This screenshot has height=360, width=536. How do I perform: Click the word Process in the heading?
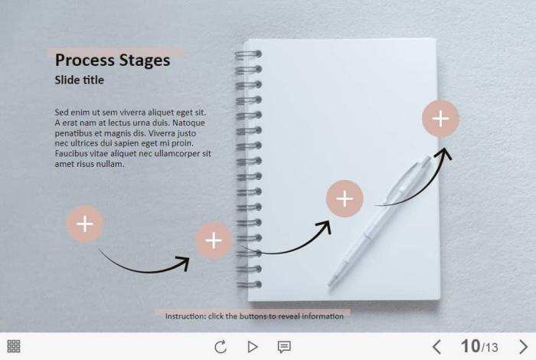pos(85,61)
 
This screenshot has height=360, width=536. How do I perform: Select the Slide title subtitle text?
pos(80,80)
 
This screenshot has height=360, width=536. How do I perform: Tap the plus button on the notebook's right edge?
pos(440,119)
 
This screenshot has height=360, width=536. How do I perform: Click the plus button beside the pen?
pos(345,198)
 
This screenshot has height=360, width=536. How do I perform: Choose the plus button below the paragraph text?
pos(85,224)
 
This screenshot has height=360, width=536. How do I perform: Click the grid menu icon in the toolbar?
pos(14,346)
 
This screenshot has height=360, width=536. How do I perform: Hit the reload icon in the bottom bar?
pos(221,347)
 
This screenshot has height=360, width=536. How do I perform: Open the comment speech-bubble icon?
pos(284,347)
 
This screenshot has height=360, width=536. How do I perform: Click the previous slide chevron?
pos(436,347)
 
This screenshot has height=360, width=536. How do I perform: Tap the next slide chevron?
pos(523,347)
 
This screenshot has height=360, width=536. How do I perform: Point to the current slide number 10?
pos(470,346)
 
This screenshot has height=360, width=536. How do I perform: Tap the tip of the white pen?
pos(329,285)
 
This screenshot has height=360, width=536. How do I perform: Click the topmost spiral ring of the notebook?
pos(248,54)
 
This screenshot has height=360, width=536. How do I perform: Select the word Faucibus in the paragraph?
pos(70,153)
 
